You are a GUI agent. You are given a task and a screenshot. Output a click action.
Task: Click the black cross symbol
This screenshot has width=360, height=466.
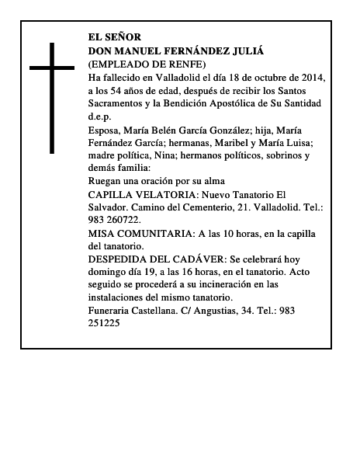pyautogui.click(x=53, y=97)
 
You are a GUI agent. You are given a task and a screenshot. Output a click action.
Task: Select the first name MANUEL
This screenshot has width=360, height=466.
pyautogui.click(x=142, y=50)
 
